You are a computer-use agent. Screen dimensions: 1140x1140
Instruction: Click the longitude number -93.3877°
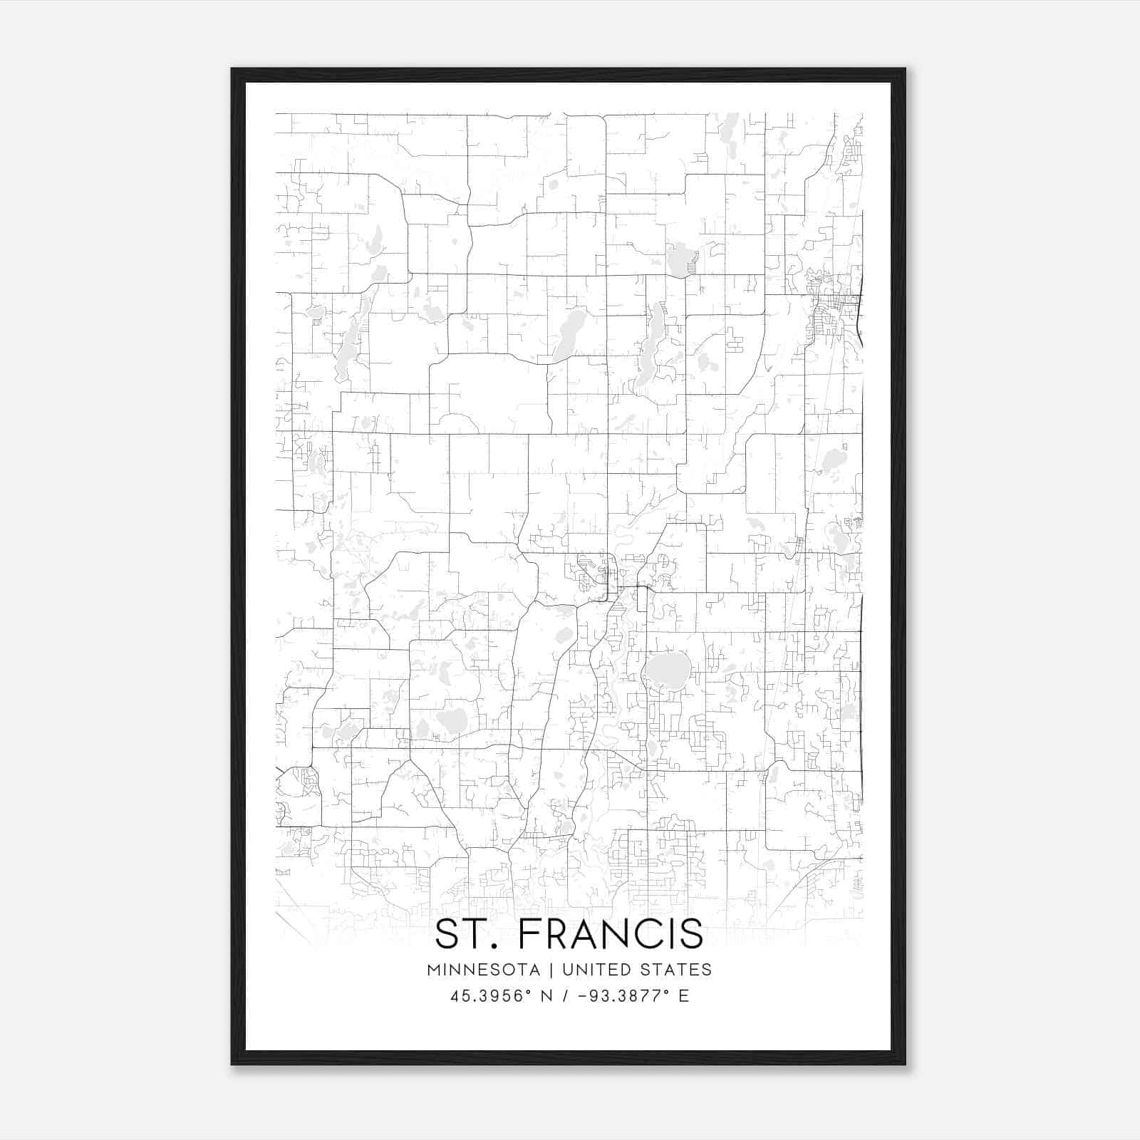[x=616, y=996]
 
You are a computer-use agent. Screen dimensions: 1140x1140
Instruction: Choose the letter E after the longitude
[x=684, y=996]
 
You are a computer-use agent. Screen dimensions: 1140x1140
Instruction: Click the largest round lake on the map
[x=667, y=669]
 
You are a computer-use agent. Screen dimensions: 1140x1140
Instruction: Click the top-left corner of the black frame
[x=232, y=69]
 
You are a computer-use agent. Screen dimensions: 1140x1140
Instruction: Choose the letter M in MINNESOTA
[x=433, y=970]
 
